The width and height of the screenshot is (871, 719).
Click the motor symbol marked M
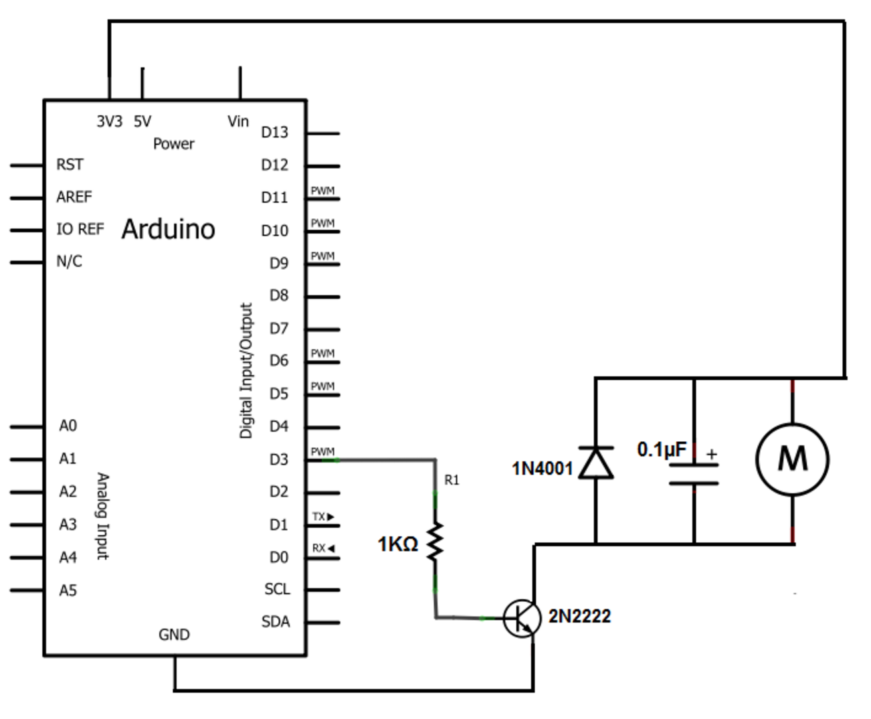[x=792, y=459]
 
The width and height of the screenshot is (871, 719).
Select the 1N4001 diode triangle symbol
[x=595, y=463]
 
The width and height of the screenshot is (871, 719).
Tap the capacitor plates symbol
[x=694, y=473]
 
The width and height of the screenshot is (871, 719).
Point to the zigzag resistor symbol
[x=435, y=542]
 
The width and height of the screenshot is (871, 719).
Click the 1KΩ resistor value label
[x=397, y=544]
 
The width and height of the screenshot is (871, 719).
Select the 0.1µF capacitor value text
[x=662, y=449]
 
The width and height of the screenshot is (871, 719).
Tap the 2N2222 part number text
[x=579, y=616]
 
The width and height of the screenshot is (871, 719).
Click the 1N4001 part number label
[x=543, y=469]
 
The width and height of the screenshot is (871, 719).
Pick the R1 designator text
[x=452, y=480]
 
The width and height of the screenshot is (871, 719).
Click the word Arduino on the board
[x=168, y=229]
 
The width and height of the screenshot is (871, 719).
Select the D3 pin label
[x=278, y=459]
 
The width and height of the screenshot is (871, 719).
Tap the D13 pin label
[x=274, y=133]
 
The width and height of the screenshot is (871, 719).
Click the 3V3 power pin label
[x=109, y=121]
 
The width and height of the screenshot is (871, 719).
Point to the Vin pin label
[x=238, y=121]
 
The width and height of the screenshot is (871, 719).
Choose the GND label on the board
[x=174, y=634]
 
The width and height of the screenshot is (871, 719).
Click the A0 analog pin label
[x=68, y=426]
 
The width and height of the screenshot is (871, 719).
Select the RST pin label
[x=70, y=165]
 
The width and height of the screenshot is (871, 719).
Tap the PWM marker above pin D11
[x=322, y=191]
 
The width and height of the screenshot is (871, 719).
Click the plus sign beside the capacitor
[x=711, y=454]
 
